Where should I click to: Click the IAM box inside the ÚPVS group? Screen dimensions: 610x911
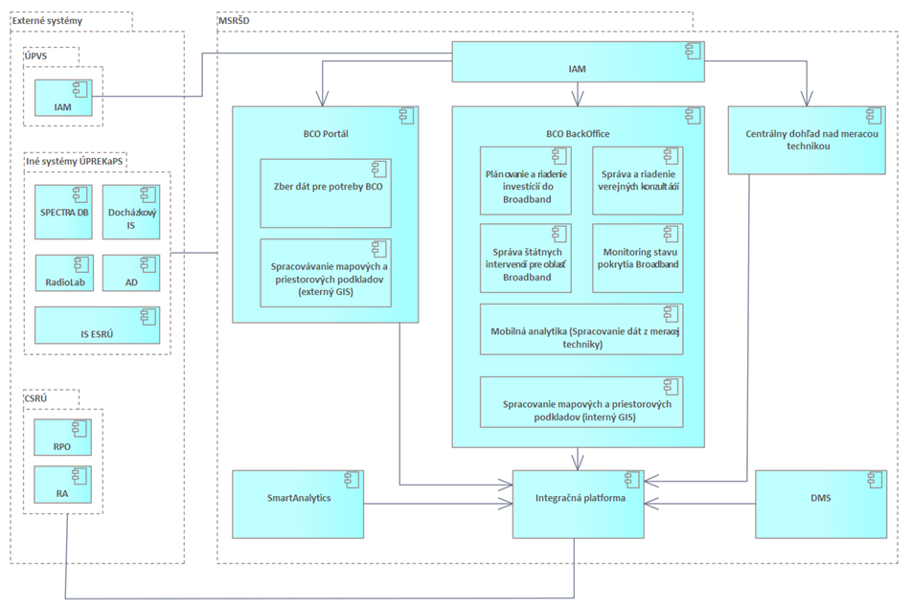point(65,98)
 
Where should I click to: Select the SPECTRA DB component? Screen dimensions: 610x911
point(64,212)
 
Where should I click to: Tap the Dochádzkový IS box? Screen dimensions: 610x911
point(130,212)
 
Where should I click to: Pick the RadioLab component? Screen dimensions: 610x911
point(64,274)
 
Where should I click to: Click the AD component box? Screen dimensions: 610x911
point(130,274)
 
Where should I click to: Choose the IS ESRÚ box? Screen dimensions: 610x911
point(98,325)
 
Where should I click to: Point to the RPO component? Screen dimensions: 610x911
point(64,438)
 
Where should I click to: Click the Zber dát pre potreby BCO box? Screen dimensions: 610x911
point(325,192)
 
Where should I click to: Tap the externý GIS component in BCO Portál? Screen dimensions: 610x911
point(325,272)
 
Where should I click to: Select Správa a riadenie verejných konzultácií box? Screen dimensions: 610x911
point(638,180)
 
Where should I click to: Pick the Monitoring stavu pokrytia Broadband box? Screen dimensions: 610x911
point(638,258)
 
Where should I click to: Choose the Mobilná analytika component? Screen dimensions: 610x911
point(581,329)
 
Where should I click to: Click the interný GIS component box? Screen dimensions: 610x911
point(581,402)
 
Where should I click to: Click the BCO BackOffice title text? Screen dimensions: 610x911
point(577,134)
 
